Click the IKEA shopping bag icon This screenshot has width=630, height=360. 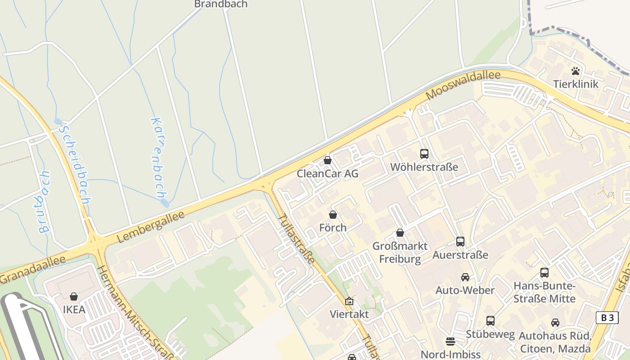click(74, 297)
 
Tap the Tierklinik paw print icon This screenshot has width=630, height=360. click(576, 71)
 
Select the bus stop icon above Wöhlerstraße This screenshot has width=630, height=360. click(424, 154)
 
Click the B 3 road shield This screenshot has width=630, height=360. click(607, 317)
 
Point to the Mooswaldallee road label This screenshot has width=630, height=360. click(463, 85)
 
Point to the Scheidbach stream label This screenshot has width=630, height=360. click(76, 163)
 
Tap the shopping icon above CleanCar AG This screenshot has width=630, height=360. click(328, 160)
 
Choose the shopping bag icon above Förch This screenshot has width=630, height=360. click(333, 215)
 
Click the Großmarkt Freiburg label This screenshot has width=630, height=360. click(400, 252)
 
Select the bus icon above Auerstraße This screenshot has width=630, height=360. click(460, 242)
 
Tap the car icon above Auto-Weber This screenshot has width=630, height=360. click(465, 277)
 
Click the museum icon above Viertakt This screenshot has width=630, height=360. click(349, 301)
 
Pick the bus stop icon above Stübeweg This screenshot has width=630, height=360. click(490, 321)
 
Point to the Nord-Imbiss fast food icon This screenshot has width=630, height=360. click(450, 341)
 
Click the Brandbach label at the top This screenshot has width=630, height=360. click(220, 4)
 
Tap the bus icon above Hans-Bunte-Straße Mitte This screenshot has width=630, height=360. click(544, 272)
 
